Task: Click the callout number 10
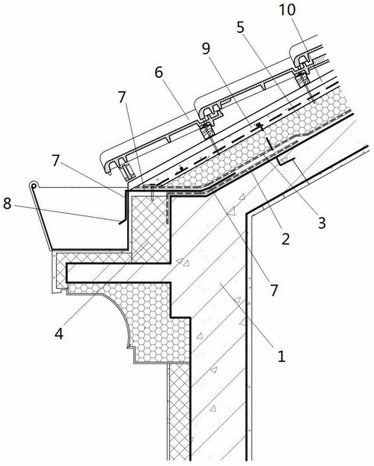point(287,10)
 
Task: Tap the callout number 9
point(206,49)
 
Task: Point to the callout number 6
point(159,73)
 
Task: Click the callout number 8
point(7,204)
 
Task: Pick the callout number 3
point(322,222)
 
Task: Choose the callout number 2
point(286,239)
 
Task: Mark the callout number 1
point(281,355)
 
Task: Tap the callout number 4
point(59,334)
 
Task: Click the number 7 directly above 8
point(57,162)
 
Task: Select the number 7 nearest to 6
point(122,97)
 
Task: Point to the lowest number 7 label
point(274,290)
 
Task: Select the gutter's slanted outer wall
point(42,218)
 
